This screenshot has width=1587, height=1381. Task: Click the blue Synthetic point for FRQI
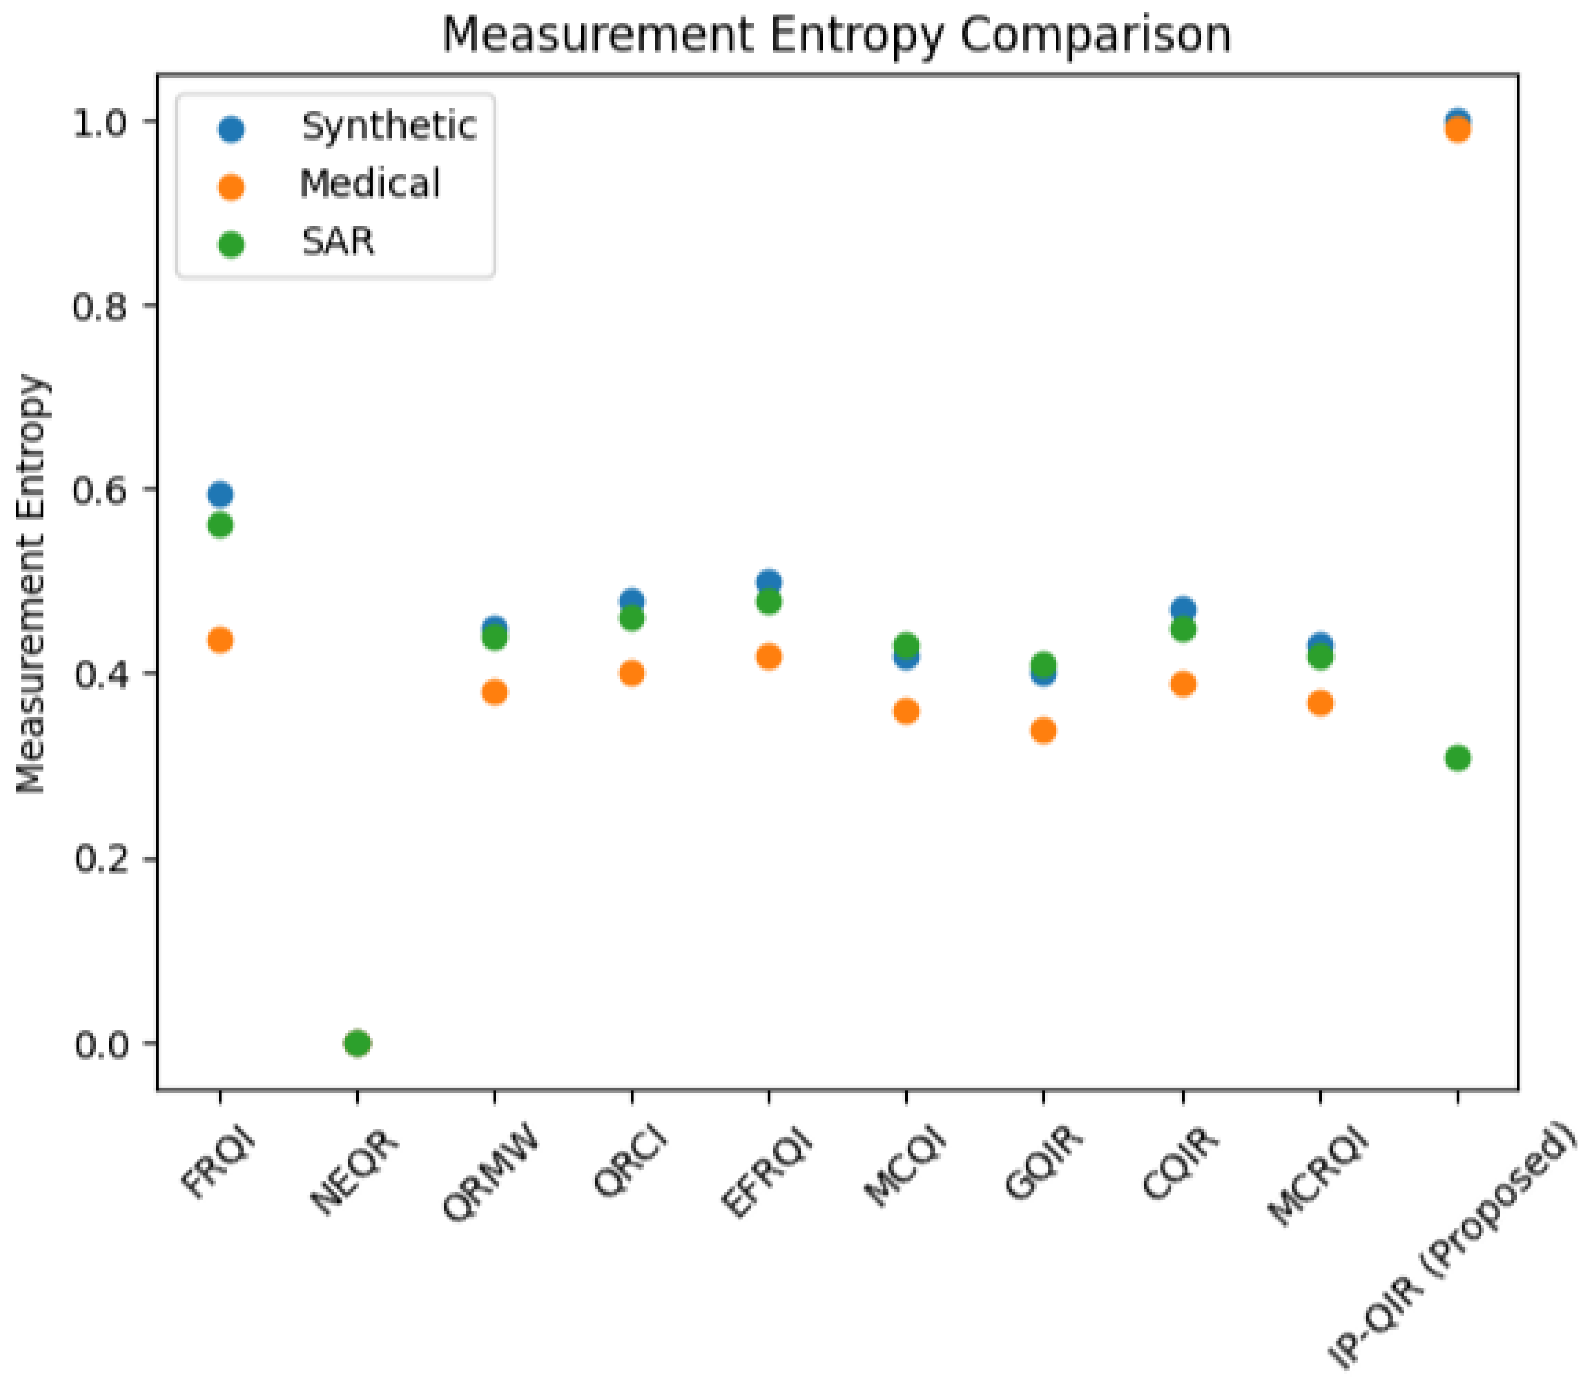[x=220, y=494]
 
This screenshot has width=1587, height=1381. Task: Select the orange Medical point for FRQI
[x=220, y=640]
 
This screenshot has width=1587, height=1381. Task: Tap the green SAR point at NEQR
[x=357, y=1043]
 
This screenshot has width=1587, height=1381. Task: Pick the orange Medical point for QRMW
[x=495, y=692]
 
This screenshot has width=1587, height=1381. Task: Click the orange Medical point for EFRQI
[x=769, y=657]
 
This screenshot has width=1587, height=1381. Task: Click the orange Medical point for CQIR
[x=1183, y=685]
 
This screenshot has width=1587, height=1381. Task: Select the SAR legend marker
[x=231, y=245]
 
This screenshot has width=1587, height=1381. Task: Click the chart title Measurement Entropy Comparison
[x=837, y=35]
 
